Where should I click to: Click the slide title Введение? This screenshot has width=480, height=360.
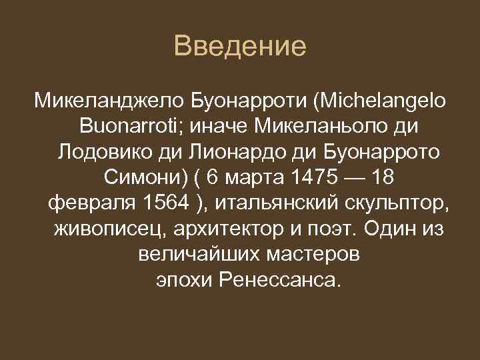click(239, 47)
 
